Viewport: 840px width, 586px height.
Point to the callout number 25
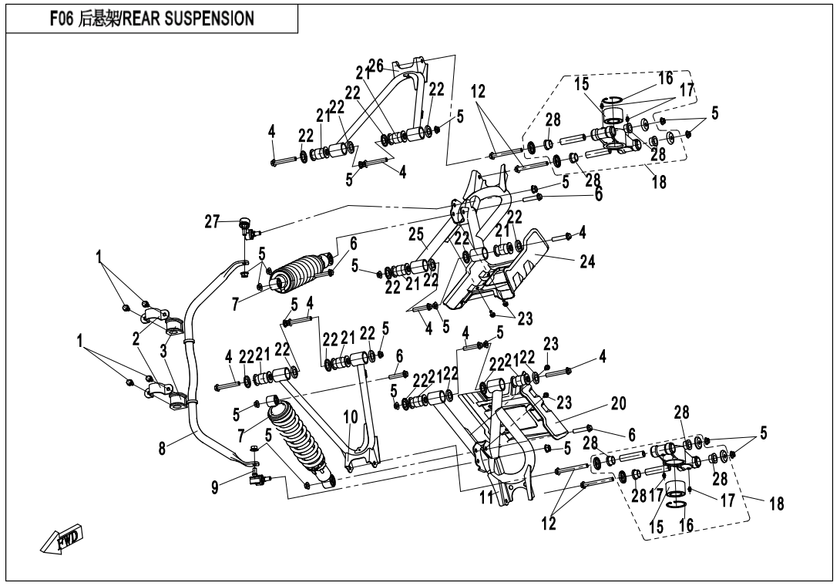click(x=417, y=234)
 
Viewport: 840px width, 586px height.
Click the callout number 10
click(x=351, y=416)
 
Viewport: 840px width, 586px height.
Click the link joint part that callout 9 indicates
click(x=257, y=480)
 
